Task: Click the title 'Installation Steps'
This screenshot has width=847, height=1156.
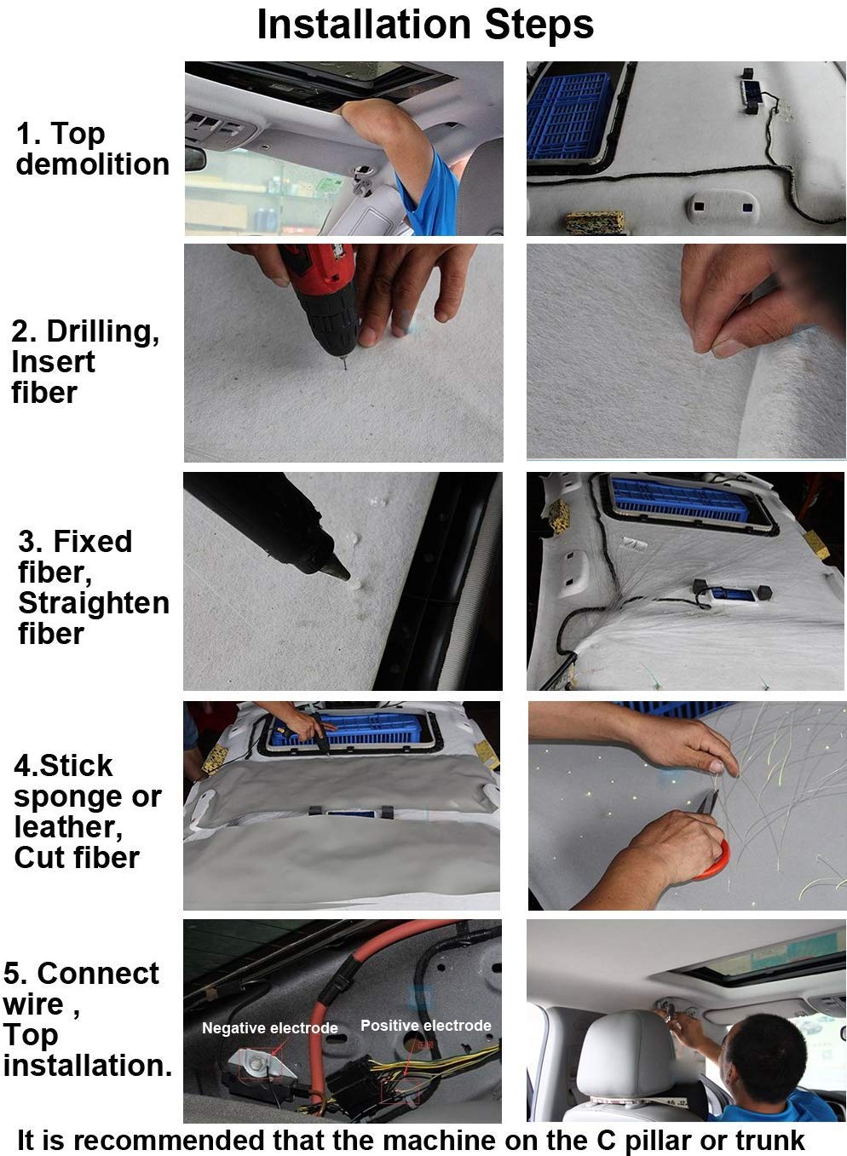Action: click(x=425, y=24)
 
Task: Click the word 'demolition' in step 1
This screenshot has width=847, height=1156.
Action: click(x=92, y=164)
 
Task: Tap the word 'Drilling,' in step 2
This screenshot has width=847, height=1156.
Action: click(x=103, y=331)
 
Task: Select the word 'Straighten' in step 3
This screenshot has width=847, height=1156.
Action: click(x=94, y=603)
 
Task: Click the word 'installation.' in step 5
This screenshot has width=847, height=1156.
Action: click(x=87, y=1065)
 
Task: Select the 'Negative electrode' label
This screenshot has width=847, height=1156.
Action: click(x=270, y=1027)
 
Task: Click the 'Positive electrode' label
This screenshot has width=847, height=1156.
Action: click(x=426, y=1025)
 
